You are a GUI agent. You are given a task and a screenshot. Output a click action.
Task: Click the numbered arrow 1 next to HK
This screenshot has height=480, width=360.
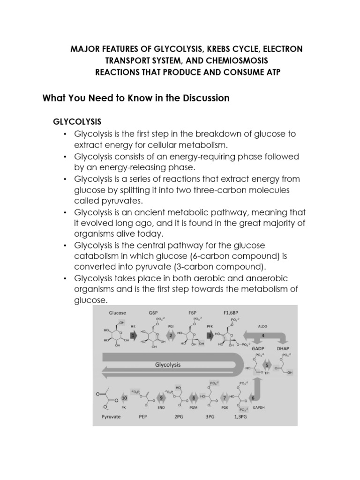[134, 336]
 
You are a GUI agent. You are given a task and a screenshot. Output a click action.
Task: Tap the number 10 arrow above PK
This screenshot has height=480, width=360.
[124, 398]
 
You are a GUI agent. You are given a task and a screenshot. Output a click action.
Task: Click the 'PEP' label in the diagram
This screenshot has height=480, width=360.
[142, 416]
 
